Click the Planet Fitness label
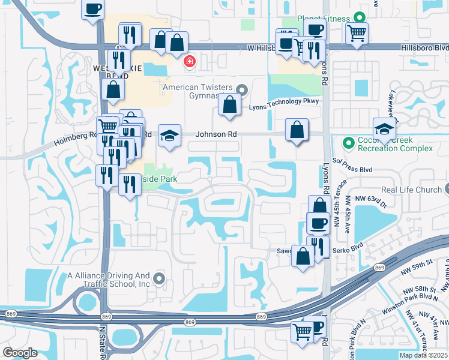point(323,19)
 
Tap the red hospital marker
point(190,61)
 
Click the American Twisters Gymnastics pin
point(242,91)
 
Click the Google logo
point(20,353)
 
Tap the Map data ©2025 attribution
point(424,355)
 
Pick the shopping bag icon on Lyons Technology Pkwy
point(229,104)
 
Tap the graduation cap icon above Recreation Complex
point(384,127)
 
